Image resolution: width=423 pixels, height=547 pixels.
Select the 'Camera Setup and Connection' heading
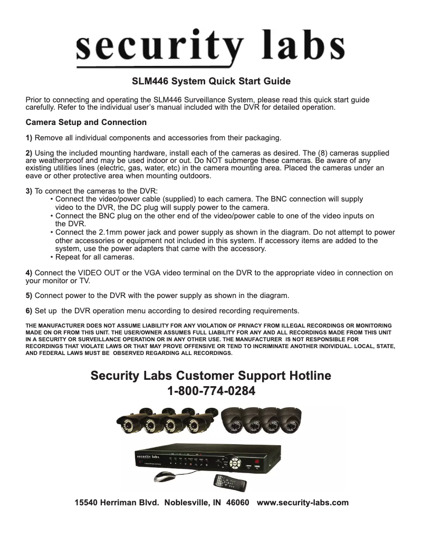pyautogui.click(x=86, y=122)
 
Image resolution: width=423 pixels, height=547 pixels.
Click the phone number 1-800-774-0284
pyautogui.click(x=211, y=392)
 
